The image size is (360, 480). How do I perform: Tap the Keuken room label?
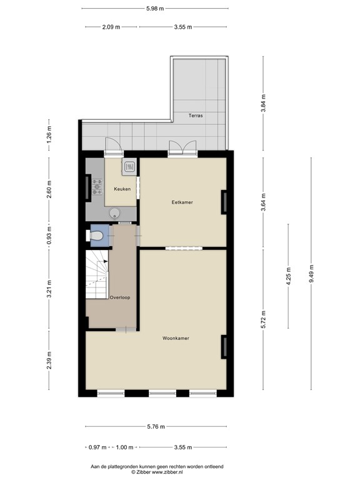122,188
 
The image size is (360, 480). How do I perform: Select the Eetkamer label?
182,202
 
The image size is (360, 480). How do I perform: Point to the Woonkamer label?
176,338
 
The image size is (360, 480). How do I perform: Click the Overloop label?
119,297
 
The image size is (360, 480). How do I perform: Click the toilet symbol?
97,235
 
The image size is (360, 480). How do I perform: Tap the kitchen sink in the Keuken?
129,167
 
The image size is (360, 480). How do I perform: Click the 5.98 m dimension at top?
154,9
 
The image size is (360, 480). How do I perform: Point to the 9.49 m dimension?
311,274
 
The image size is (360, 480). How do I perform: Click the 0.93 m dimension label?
49,234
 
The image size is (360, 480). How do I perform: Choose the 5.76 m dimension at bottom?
156,427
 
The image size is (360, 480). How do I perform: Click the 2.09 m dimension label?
111,27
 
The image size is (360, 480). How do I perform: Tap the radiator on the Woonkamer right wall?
223,347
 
